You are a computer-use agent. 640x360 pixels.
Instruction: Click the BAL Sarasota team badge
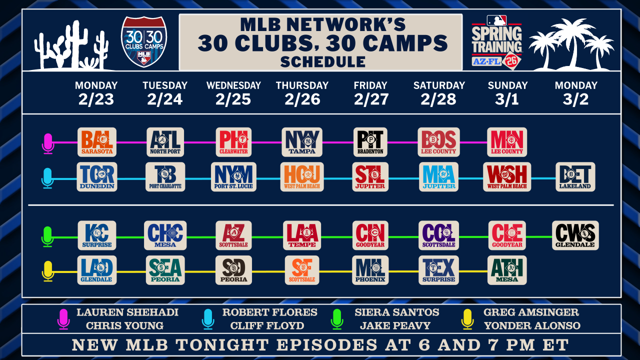[x=97, y=142]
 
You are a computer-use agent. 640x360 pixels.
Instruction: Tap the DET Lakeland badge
[x=575, y=177]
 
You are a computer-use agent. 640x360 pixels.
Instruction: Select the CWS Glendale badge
[x=575, y=235]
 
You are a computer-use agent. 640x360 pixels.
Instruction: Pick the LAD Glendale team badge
[x=97, y=270]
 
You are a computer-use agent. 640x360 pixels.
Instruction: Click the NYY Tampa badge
[x=302, y=142]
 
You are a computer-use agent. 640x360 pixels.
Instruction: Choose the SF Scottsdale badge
[x=302, y=270]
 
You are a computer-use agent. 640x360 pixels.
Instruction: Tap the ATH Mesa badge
[x=507, y=270]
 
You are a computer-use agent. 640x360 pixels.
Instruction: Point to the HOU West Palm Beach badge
[x=302, y=177]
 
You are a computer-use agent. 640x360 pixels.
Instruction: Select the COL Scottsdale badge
[x=438, y=235]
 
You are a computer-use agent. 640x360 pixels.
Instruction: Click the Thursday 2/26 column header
[x=302, y=93]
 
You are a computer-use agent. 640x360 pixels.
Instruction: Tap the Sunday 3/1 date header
[x=507, y=93]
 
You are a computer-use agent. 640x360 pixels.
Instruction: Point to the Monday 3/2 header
[x=575, y=93]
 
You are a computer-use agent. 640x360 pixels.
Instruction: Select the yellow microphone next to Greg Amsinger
[x=467, y=319]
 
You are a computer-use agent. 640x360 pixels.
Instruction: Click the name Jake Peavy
[x=395, y=325]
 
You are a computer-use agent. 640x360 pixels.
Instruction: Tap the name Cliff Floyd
[x=267, y=325]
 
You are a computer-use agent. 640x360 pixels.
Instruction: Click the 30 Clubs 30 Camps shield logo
[x=144, y=41]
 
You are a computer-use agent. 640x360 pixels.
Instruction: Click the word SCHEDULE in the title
[x=323, y=61]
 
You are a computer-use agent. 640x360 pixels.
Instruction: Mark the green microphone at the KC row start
[x=47, y=236]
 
